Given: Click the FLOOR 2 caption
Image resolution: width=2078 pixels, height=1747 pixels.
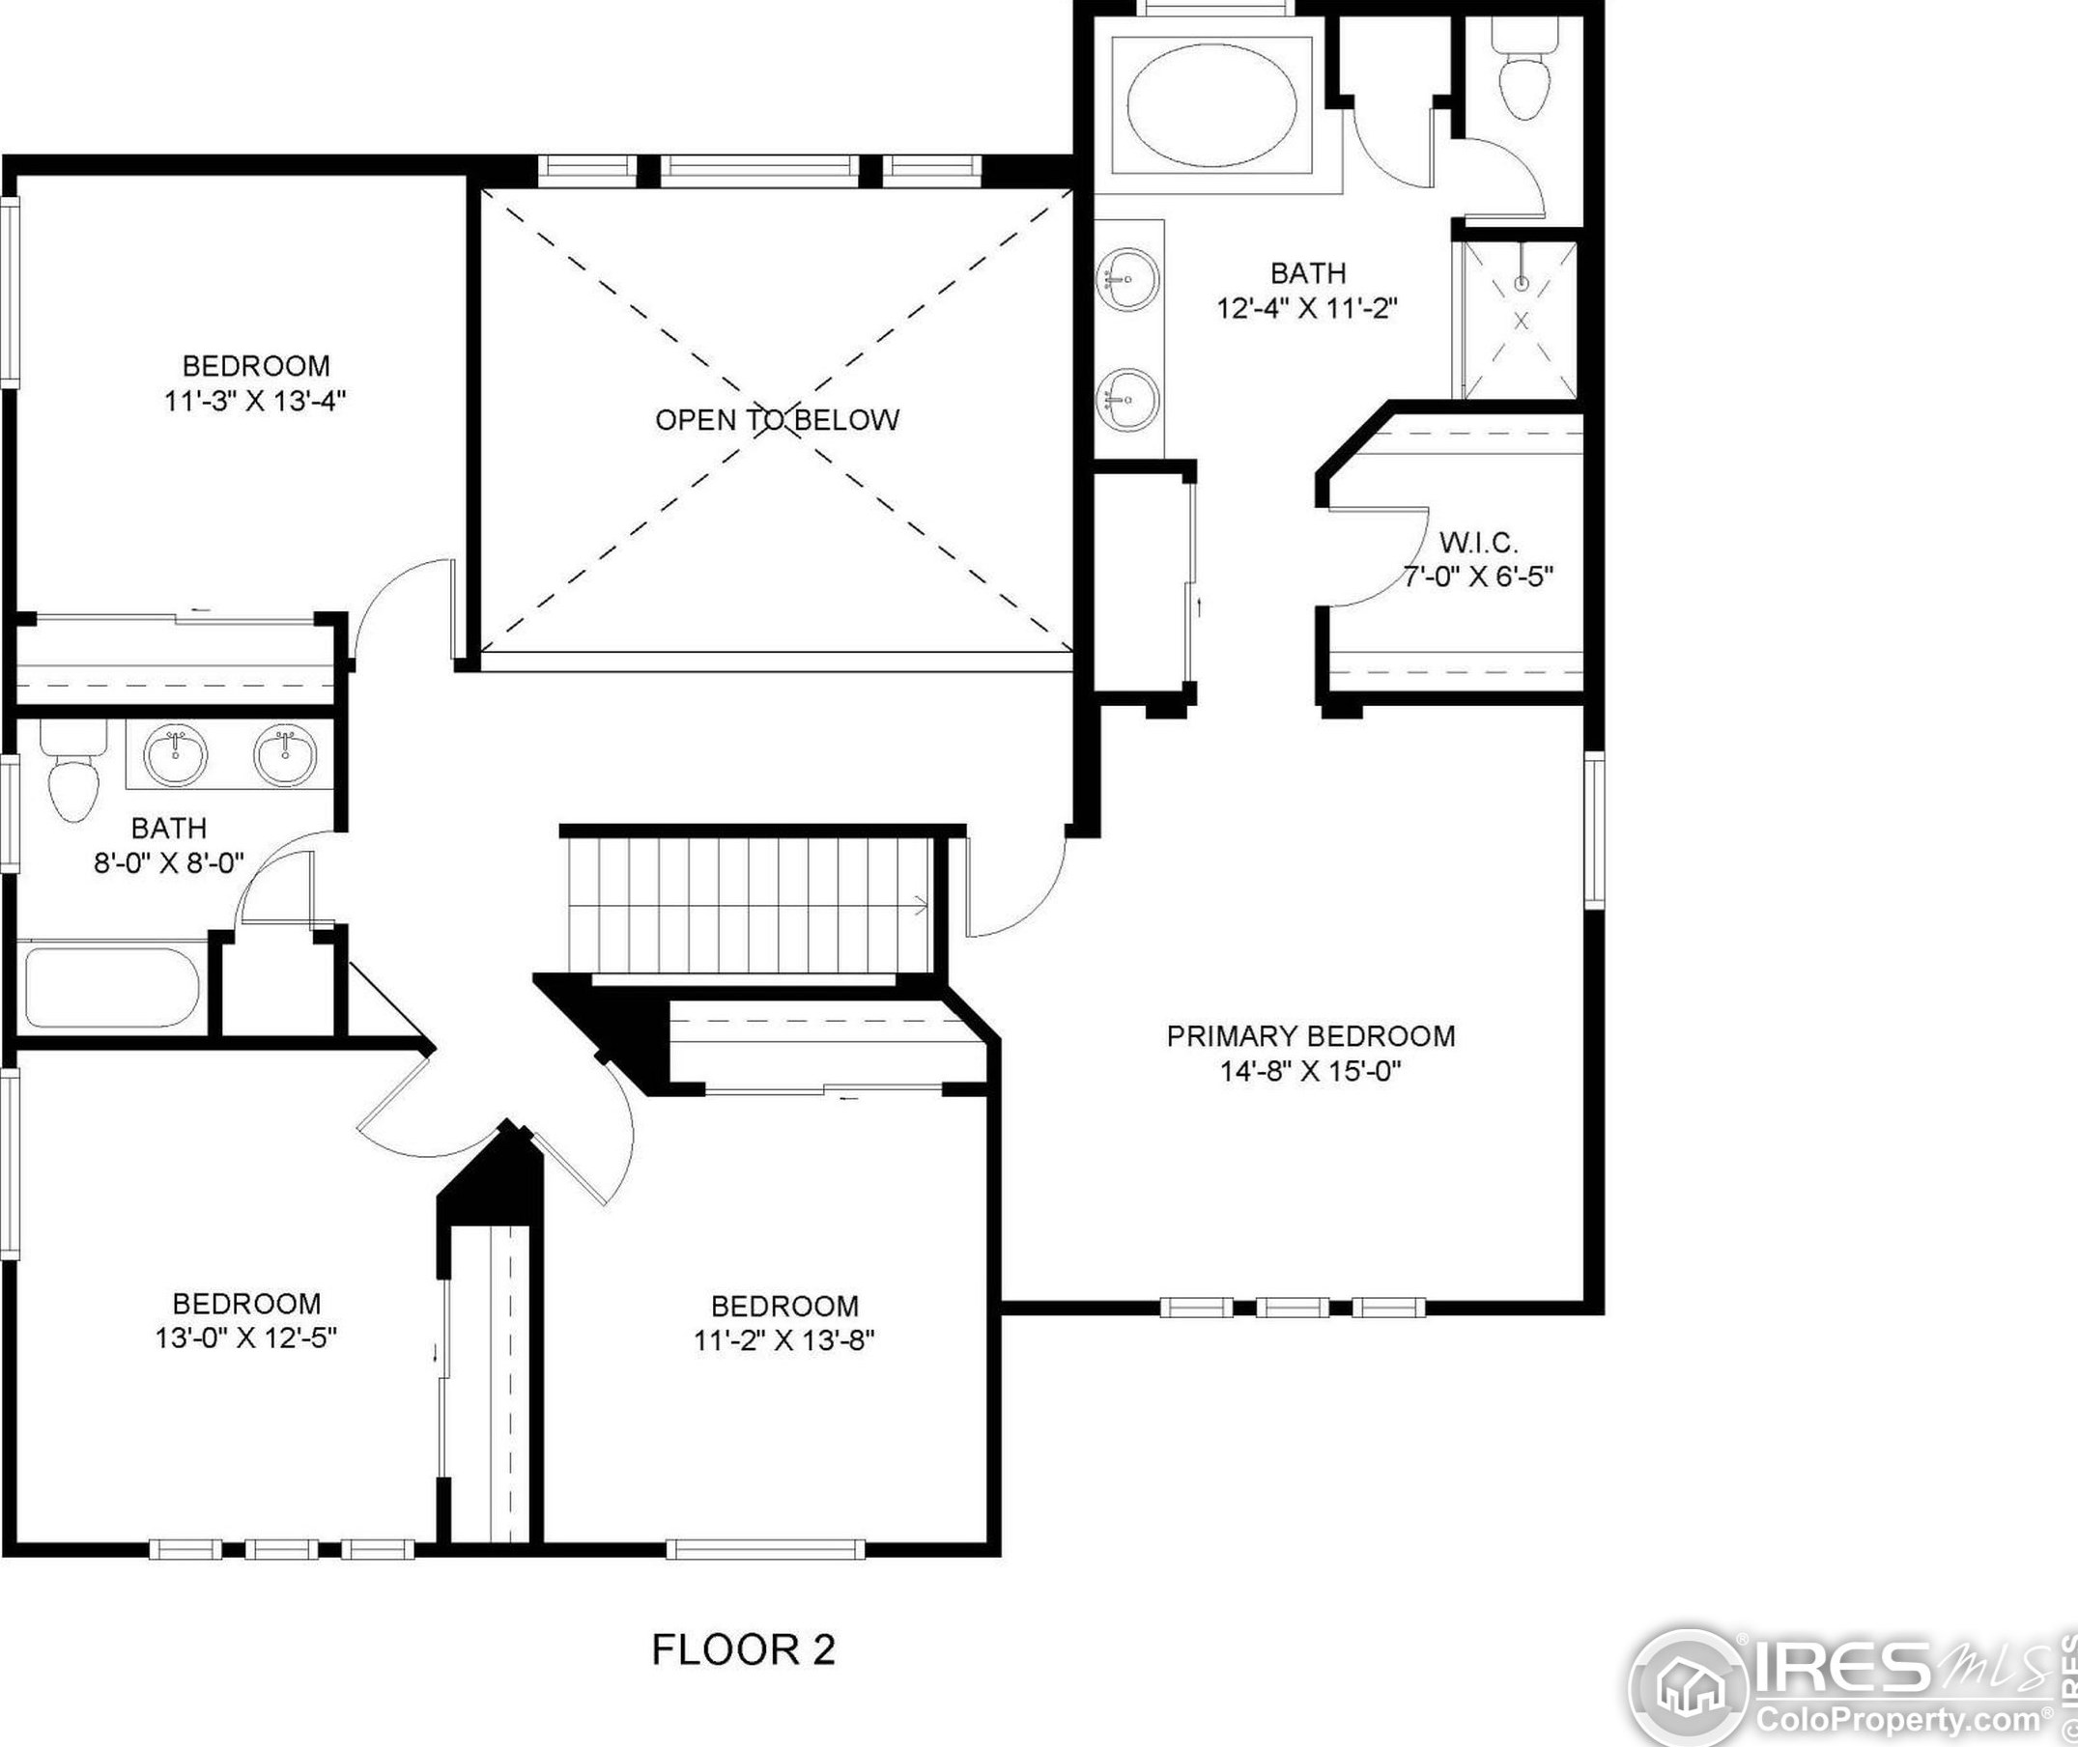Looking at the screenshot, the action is tap(743, 1649).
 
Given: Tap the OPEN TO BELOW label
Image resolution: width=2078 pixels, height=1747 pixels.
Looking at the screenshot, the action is tap(778, 420).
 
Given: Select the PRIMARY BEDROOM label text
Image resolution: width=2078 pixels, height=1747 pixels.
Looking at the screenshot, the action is tap(1310, 1036).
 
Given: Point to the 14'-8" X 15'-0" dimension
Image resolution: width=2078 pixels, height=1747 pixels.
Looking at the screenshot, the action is tap(1310, 1071).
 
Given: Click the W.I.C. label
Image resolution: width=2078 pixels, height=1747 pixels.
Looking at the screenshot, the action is tap(1478, 542).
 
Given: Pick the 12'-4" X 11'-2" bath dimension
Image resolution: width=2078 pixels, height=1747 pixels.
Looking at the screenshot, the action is tap(1306, 308).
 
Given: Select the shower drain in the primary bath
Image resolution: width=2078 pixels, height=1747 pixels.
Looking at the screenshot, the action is tap(1523, 284).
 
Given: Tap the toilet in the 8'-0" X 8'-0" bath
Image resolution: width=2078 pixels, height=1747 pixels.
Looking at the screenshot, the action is tap(73, 772).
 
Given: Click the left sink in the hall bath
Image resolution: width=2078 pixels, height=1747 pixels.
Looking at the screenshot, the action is tap(176, 754).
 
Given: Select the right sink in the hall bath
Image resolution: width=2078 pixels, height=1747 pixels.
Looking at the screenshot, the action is tap(285, 754).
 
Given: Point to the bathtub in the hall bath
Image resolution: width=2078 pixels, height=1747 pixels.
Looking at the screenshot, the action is tap(112, 988).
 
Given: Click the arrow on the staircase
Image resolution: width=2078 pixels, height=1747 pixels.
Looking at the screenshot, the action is tap(919, 904).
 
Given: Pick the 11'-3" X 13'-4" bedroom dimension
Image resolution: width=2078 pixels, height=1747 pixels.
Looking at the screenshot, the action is tap(256, 401).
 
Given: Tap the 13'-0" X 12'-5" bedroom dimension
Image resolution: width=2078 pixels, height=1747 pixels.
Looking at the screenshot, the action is tap(245, 1338).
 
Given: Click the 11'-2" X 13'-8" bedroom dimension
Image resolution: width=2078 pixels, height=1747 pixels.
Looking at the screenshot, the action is tap(783, 1340).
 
